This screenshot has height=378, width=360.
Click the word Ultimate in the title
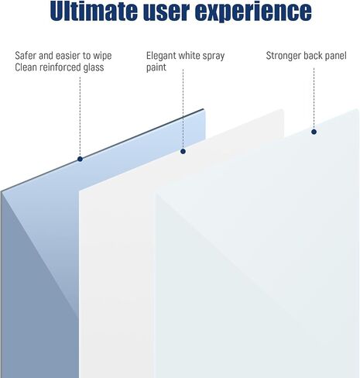pos(94,11)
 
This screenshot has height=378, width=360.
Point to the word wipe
pos(102,56)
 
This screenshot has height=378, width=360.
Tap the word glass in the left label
pos(94,67)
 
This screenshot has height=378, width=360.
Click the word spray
pos(214,57)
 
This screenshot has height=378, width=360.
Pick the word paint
pos(156,68)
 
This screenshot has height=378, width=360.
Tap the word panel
pos(335,56)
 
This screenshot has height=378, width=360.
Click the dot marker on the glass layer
pos(80,159)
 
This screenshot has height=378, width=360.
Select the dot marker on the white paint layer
pos(183,151)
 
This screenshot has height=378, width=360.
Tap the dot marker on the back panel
pos(314,132)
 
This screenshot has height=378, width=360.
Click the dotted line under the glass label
pos(80,116)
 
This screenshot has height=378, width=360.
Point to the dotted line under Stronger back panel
pos(314,98)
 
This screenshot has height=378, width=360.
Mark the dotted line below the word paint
pos(183,108)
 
